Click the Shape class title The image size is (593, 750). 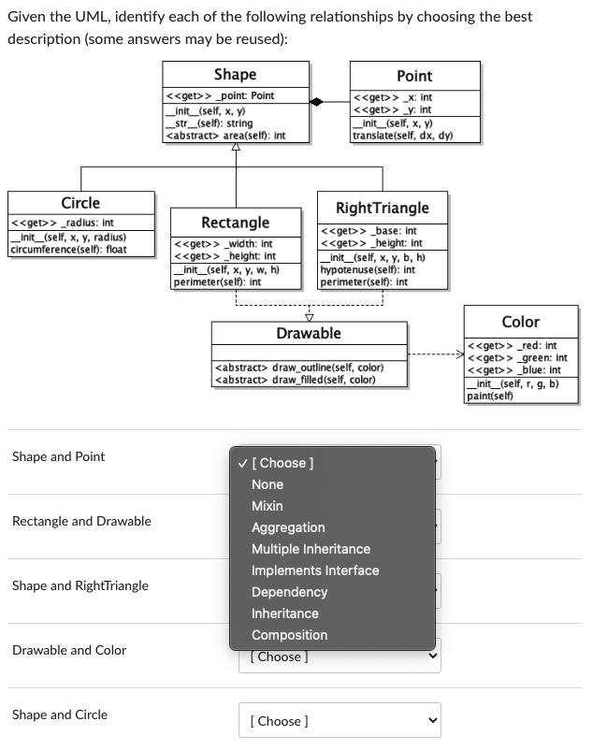coord(235,75)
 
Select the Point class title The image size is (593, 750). coord(414,76)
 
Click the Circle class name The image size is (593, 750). coord(80,203)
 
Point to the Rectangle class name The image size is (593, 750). coord(236,223)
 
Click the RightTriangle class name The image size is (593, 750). coord(382,208)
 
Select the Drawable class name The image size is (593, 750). coord(309,333)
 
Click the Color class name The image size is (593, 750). coord(520,322)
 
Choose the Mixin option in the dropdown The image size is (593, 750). coord(268,506)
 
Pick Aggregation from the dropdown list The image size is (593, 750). coord(288,527)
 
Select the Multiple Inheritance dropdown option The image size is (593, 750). coord(311,549)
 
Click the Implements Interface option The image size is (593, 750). coord(315,570)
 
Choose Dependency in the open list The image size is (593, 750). coord(289,592)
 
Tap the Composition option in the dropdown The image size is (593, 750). coord(289,635)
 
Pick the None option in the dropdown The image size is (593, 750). coord(268,484)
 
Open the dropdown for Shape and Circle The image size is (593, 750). coord(341,721)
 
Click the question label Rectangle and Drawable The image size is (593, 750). coord(81,521)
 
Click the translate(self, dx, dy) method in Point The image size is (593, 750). coord(402,135)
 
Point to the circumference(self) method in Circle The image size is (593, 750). coord(67,250)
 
